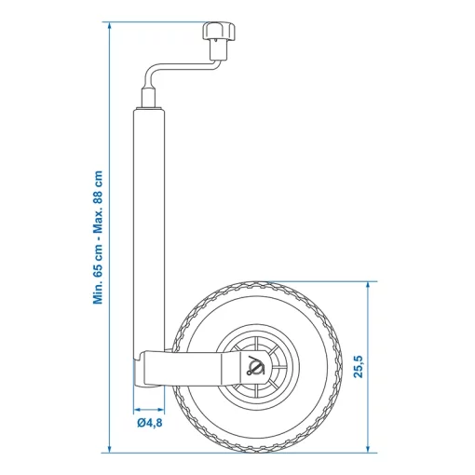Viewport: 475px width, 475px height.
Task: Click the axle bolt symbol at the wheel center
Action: tap(253, 367)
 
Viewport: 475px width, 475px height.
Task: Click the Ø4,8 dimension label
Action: tap(149, 425)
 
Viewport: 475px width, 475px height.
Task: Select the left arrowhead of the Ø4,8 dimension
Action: tap(136, 408)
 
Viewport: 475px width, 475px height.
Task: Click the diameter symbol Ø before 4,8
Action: tap(140, 425)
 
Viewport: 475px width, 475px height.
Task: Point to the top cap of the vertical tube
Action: tap(149, 108)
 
